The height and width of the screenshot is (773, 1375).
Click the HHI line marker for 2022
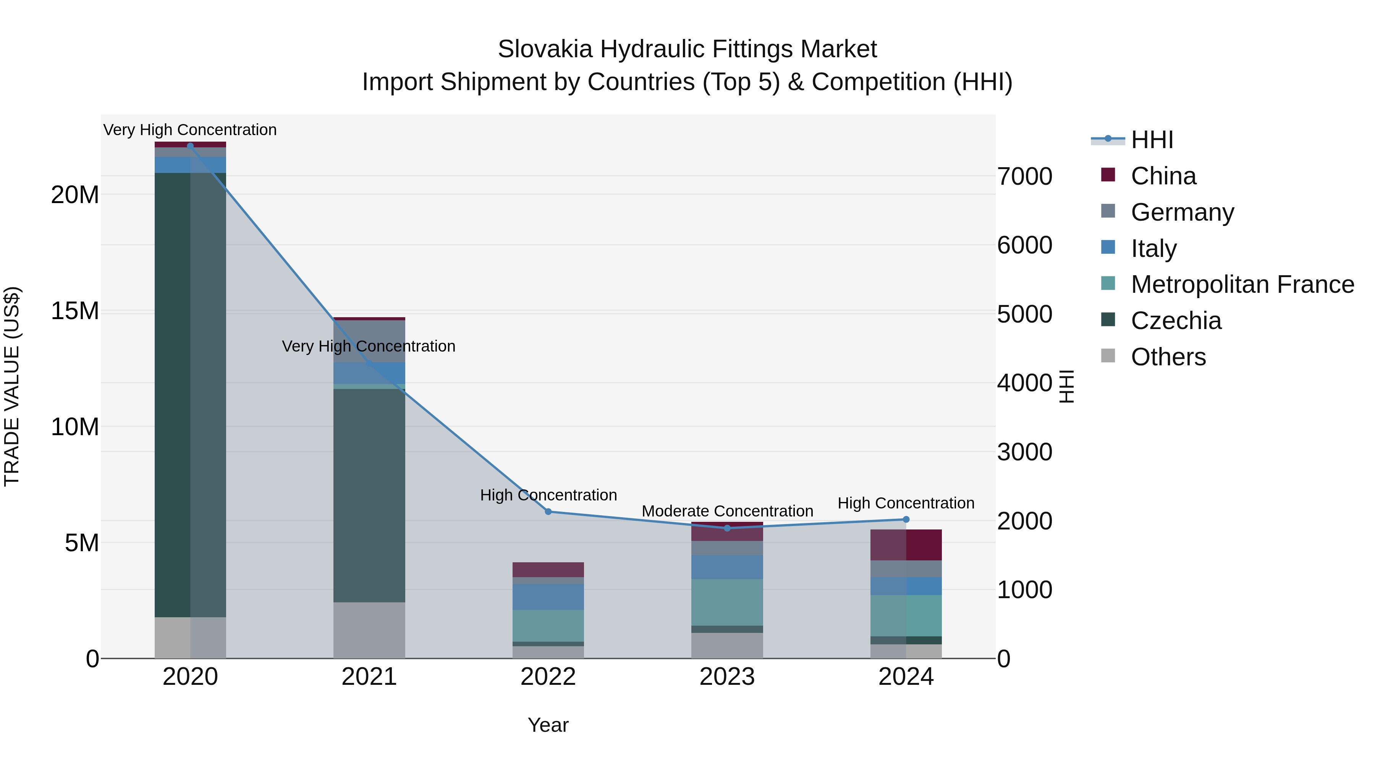(x=548, y=512)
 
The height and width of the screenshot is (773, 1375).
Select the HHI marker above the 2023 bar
(x=727, y=528)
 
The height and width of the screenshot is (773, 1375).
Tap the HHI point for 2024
(x=906, y=520)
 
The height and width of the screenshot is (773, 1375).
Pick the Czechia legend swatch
(x=1108, y=320)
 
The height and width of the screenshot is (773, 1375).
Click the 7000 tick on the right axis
(x=1024, y=177)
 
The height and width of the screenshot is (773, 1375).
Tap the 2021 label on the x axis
(x=369, y=677)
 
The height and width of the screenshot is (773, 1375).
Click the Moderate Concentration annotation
(x=727, y=511)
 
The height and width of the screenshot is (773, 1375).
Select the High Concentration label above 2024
(x=906, y=503)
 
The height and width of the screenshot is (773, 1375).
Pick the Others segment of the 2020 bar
(x=190, y=637)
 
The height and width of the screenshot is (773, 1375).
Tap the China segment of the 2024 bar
(x=906, y=545)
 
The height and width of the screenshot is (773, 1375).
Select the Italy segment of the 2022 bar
(x=548, y=597)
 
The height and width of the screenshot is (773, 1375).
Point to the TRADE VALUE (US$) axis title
(x=12, y=386)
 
